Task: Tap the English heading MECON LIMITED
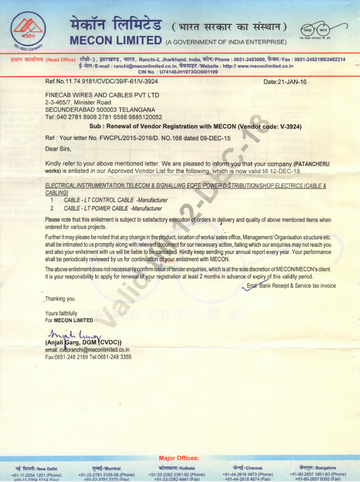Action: click(x=115, y=40)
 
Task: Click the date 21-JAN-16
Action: click(x=285, y=82)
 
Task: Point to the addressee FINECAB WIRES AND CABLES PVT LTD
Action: click(x=102, y=95)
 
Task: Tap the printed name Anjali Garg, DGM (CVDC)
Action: click(x=87, y=342)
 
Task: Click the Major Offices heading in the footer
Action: click(x=179, y=458)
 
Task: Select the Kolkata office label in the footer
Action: click(x=179, y=468)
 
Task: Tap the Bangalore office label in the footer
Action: click(x=317, y=468)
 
